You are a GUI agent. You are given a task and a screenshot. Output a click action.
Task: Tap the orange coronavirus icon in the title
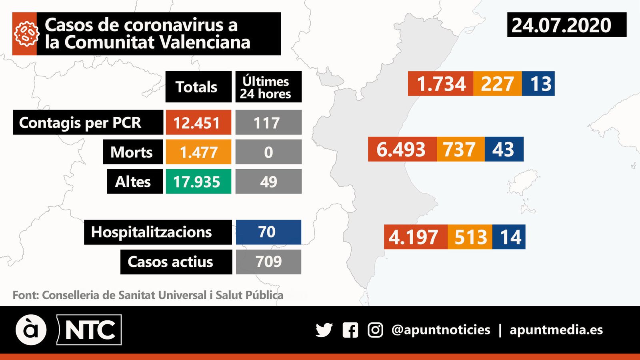point(25,34)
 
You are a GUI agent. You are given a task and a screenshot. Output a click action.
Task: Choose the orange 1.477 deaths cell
point(198,152)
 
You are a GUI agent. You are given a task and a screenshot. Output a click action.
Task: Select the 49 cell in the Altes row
point(268,182)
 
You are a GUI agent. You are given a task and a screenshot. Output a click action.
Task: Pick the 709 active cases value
point(268,262)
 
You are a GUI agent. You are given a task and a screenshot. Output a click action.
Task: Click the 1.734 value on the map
point(440,84)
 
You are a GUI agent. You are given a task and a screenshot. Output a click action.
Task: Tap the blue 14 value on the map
point(509,237)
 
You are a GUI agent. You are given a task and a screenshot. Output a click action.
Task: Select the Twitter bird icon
point(324,330)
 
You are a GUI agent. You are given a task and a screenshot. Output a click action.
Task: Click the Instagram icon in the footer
point(375,330)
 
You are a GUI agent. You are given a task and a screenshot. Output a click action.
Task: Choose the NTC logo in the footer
point(89,330)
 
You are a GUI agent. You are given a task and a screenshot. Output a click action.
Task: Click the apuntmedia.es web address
point(556,330)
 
